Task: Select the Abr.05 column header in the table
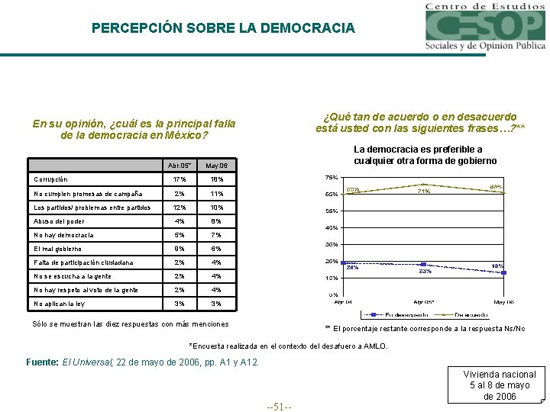click(180, 166)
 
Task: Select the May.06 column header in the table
click(217, 166)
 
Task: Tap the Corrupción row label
click(50, 179)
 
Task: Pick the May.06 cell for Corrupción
click(217, 179)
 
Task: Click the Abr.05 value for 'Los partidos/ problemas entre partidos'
click(180, 208)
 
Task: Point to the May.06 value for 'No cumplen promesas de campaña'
click(217, 194)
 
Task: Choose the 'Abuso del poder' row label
click(59, 221)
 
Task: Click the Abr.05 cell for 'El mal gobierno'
click(180, 249)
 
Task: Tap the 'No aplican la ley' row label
click(59, 304)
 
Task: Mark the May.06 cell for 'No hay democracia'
click(217, 235)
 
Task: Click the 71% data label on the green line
click(423, 192)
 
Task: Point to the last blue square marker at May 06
click(505, 272)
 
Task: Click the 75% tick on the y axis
click(332, 178)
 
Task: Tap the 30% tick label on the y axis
click(332, 244)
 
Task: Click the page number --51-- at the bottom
click(280, 406)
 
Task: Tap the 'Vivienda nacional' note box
click(501, 385)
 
